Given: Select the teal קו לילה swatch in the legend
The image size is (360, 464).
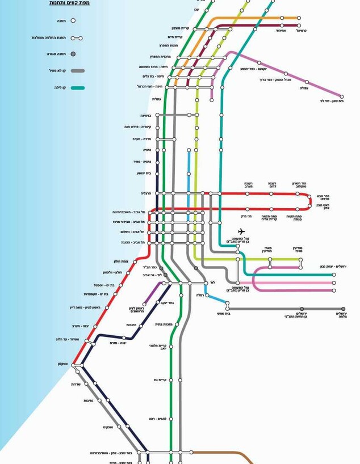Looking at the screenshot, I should point(78,87).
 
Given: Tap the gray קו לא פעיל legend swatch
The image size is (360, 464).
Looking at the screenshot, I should point(78,71).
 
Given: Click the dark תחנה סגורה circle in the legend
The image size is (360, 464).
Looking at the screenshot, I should point(73,54).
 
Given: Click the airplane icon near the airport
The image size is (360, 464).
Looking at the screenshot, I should point(241,231).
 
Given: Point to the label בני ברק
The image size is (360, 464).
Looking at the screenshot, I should point(241,217).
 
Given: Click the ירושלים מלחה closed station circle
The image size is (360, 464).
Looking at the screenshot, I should point(343,309).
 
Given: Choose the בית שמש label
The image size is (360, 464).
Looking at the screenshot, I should point(224,313).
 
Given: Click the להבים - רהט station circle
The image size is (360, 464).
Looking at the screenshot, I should point(180,419).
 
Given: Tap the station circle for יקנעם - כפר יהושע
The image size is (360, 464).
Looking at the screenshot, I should point(231,68).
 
